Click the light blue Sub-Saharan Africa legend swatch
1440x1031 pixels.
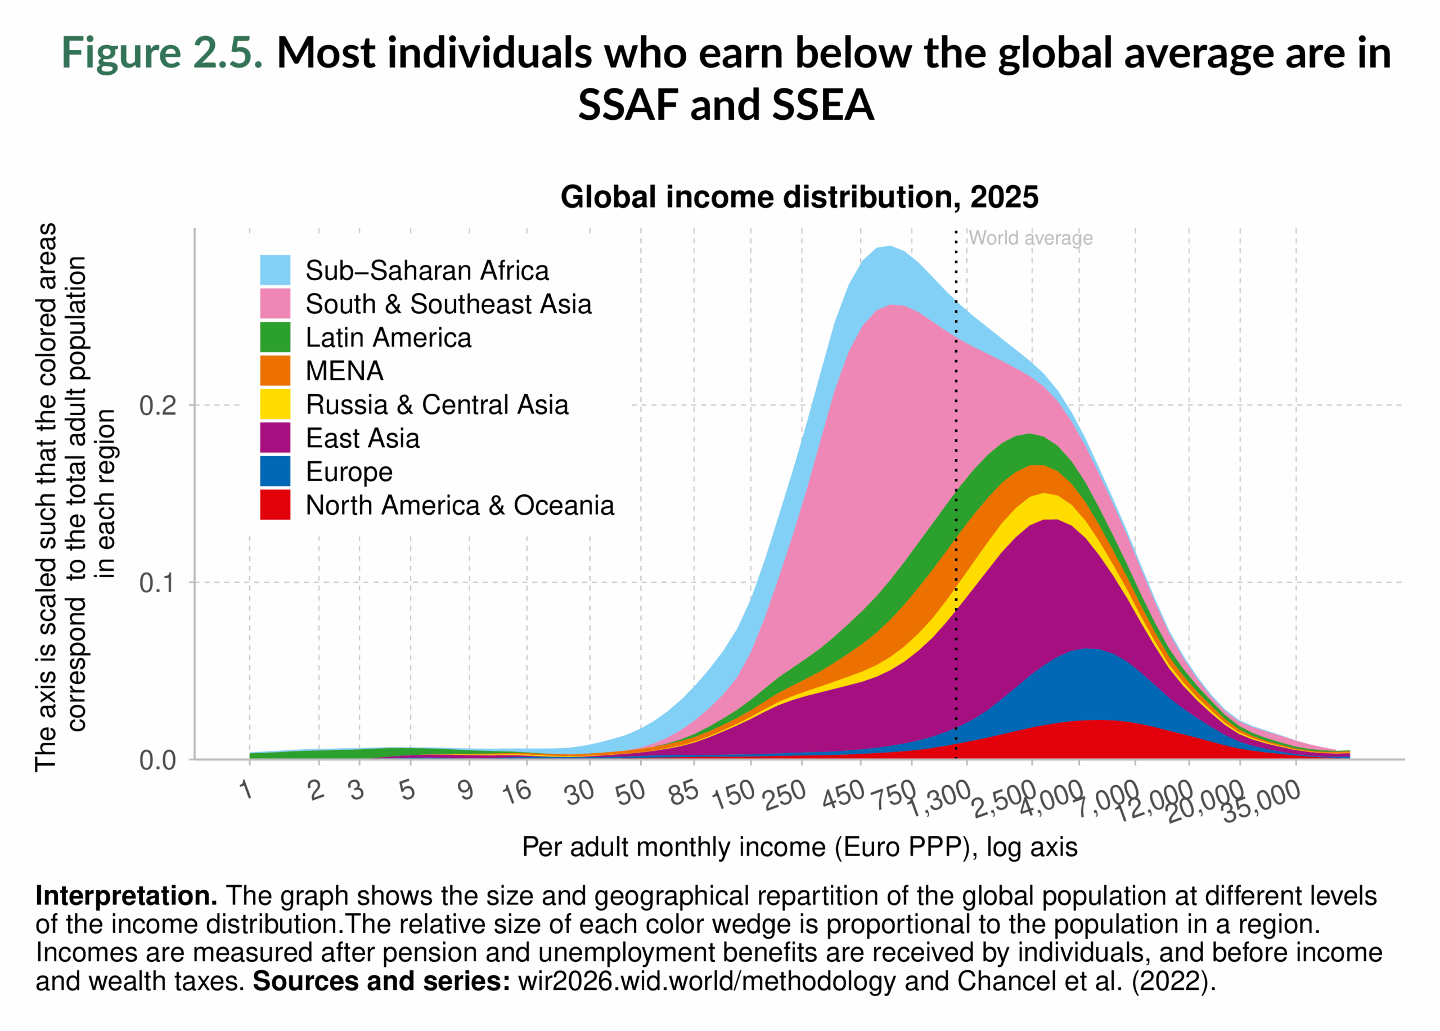point(275,270)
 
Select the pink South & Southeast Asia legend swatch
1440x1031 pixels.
point(275,304)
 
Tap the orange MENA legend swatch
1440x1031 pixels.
point(275,371)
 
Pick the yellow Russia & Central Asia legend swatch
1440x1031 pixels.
point(275,404)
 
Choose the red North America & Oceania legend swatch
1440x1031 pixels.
point(275,505)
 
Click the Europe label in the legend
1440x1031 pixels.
point(349,472)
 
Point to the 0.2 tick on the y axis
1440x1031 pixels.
point(157,405)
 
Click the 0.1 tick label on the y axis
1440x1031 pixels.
point(157,583)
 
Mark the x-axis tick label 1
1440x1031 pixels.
point(247,790)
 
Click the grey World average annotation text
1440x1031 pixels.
point(1030,238)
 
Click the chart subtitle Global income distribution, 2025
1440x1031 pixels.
point(799,197)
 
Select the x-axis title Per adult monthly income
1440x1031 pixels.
point(799,848)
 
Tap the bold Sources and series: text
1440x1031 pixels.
point(381,982)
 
